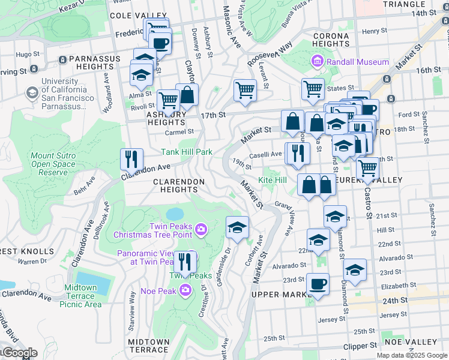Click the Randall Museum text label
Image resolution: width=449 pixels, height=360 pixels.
pyautogui.click(x=357, y=62)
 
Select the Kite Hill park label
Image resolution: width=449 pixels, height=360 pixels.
pyautogui.click(x=273, y=180)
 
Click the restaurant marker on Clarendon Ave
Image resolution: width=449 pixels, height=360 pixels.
pyautogui.click(x=132, y=160)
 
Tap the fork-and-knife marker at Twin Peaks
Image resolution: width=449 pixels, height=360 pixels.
pyautogui.click(x=185, y=262)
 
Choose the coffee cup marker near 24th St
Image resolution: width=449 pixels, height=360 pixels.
pyautogui.click(x=318, y=284)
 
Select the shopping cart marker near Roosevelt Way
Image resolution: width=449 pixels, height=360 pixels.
pyautogui.click(x=245, y=91)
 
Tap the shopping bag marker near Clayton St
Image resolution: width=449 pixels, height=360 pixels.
pyautogui.click(x=187, y=95)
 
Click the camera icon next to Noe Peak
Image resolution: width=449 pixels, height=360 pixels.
pyautogui.click(x=185, y=290)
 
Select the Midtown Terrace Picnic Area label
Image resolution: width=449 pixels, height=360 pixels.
pyautogui.click(x=80, y=296)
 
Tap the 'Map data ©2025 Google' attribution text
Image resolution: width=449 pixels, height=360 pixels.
pyautogui.click(x=412, y=355)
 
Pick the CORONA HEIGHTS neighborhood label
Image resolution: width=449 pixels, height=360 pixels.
pyautogui.click(x=331, y=40)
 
